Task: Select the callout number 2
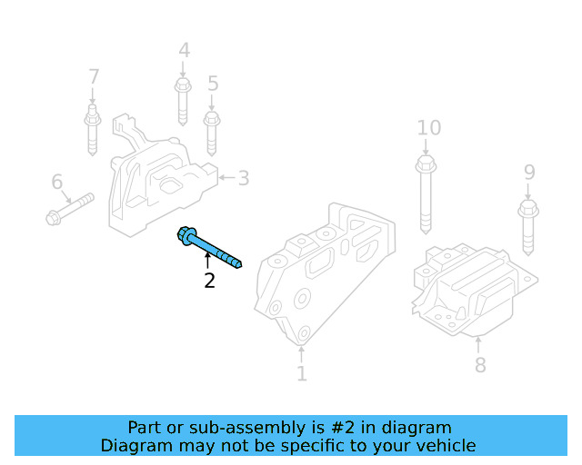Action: click(x=209, y=281)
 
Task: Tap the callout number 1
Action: click(x=301, y=372)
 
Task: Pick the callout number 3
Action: click(x=243, y=177)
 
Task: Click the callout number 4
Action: click(x=184, y=51)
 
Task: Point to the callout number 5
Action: click(x=213, y=84)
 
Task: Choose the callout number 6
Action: click(x=57, y=183)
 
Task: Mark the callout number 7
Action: click(x=93, y=76)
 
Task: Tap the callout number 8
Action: click(x=479, y=365)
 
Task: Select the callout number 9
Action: click(x=529, y=172)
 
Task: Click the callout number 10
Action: click(x=428, y=128)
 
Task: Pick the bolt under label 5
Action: click(x=212, y=132)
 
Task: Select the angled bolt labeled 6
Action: click(x=70, y=207)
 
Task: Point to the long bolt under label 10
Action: click(x=426, y=195)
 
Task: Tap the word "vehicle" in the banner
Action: click(x=443, y=445)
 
